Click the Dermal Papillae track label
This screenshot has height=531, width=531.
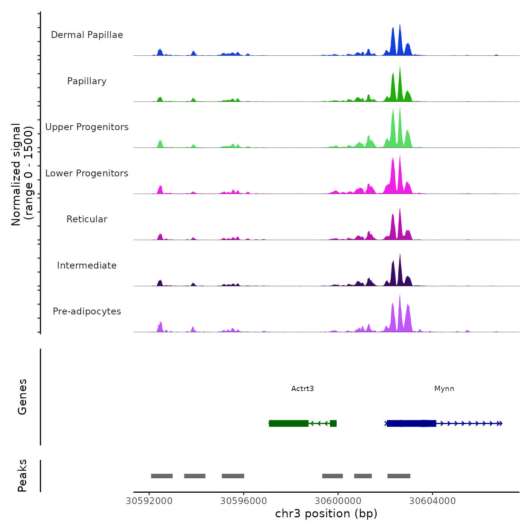point(87,35)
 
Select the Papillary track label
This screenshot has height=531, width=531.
point(87,81)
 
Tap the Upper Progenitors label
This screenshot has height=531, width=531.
point(87,127)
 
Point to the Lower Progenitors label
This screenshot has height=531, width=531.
point(87,173)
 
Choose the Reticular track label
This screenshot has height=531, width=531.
point(87,219)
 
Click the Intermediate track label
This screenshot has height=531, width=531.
point(87,265)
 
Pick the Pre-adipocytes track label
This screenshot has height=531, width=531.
point(87,311)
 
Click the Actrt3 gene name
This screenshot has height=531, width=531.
point(302,389)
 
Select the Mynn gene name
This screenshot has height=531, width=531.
point(444,389)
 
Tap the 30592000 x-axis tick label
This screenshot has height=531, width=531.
point(149,501)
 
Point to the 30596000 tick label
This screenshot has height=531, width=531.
point(244,501)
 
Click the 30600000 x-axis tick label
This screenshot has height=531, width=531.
point(338,501)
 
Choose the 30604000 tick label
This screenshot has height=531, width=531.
point(432,501)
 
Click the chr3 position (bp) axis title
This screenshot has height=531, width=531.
point(326,514)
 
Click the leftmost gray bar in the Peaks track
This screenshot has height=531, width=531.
point(162,476)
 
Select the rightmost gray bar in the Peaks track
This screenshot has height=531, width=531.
point(399,476)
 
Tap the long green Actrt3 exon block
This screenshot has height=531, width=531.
point(289,423)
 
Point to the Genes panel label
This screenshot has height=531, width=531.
point(22,397)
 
